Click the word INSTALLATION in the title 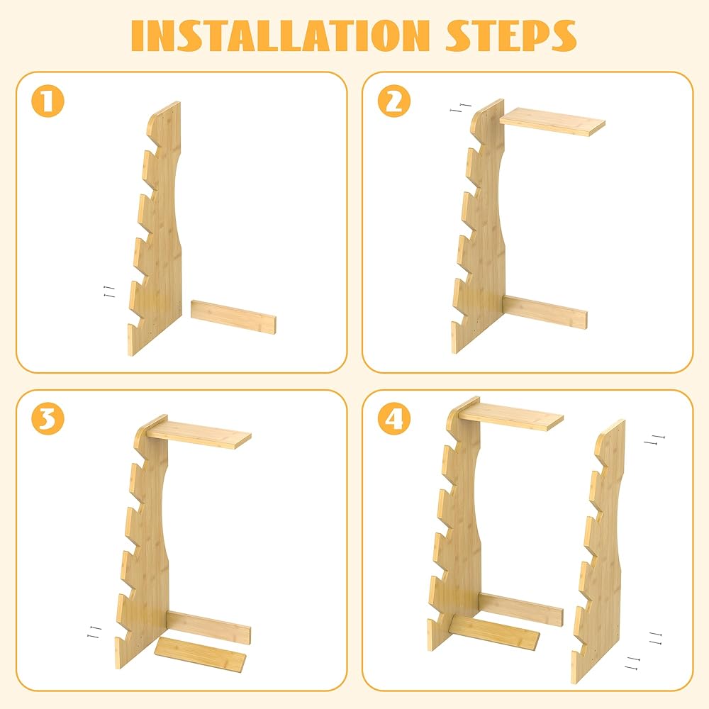(280, 35)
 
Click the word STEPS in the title (511, 35)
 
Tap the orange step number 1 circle (48, 101)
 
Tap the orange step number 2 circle (394, 101)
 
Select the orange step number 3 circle (48, 418)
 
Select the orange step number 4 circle (394, 418)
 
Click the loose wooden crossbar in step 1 (233, 316)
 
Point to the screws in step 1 (109, 291)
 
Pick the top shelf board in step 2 (552, 121)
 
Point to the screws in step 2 (461, 108)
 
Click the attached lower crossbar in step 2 (545, 313)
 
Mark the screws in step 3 (94, 632)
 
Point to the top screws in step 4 (654, 440)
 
